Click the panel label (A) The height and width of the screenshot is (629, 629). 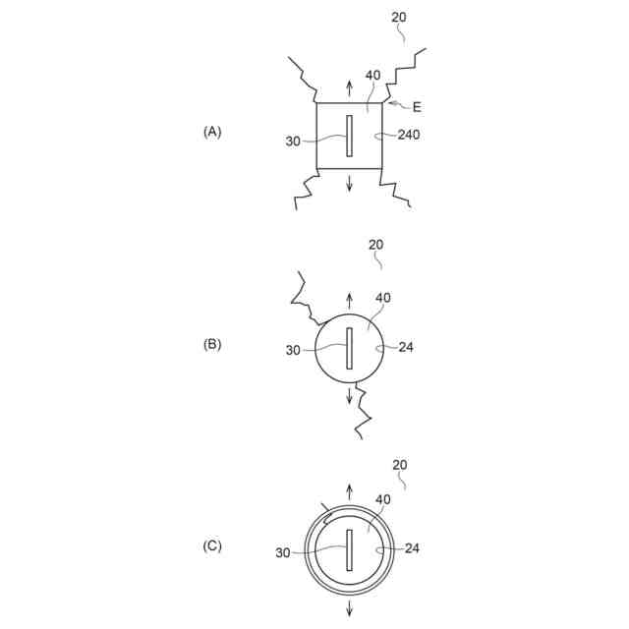point(212,131)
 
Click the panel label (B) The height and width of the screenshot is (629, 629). point(212,344)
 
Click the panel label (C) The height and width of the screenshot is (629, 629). point(212,546)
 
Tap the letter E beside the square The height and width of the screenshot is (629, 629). point(417,107)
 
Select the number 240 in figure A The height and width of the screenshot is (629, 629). point(409,135)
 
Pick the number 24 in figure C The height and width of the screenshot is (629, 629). point(412,548)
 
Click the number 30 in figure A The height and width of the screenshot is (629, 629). point(293,141)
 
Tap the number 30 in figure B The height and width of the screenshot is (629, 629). point(293,349)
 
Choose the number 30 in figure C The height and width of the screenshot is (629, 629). point(283,553)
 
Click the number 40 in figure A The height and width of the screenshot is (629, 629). point(372,76)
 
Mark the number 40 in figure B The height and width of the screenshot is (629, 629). point(383,300)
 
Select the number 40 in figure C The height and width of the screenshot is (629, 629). point(383,499)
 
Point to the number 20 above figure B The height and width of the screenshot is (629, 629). point(375,245)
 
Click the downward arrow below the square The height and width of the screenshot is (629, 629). point(349,184)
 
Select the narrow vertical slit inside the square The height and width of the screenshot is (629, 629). point(349,135)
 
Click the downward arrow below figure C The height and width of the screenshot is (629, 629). point(349,607)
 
